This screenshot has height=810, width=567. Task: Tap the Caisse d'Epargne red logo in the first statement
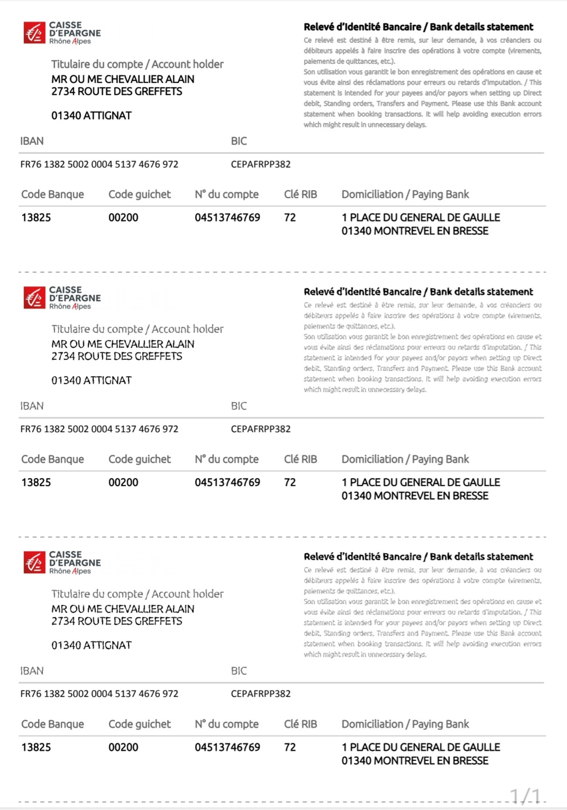click(x=34, y=33)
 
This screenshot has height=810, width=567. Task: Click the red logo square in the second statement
click(x=34, y=297)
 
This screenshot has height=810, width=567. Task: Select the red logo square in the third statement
click(x=34, y=562)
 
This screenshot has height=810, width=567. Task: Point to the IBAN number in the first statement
click(x=99, y=164)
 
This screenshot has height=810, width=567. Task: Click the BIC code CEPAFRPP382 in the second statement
click(x=261, y=429)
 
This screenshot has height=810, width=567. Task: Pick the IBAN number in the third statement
click(x=99, y=694)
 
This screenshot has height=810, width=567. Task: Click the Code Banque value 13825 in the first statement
click(x=36, y=218)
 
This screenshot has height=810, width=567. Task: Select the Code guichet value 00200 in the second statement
click(x=123, y=482)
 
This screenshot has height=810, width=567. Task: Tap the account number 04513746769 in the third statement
click(x=227, y=747)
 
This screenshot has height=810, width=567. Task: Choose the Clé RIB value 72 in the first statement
click(x=290, y=218)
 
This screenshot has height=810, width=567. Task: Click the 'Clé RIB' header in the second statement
click(x=301, y=459)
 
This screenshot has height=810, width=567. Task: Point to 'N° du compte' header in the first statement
click(x=227, y=194)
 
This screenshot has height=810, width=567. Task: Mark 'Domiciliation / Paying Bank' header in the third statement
click(x=405, y=724)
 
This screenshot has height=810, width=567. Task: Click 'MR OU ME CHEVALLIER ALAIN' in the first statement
click(x=122, y=79)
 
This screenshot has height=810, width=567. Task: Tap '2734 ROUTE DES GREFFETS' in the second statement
click(x=117, y=356)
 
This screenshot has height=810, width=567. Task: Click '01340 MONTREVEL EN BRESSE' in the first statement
click(x=415, y=231)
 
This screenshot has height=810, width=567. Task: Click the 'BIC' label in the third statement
click(x=239, y=671)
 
